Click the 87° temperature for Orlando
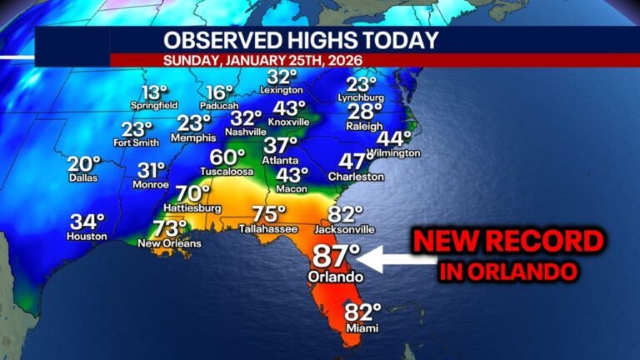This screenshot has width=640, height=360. [x=337, y=256]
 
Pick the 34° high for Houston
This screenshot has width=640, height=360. [x=87, y=222]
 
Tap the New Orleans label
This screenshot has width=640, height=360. [x=169, y=243]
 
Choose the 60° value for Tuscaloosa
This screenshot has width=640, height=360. [x=227, y=157]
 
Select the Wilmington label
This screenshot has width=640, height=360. [x=392, y=153]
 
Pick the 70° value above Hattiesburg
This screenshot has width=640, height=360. [x=193, y=192]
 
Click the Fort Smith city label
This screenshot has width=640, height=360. [x=136, y=142]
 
